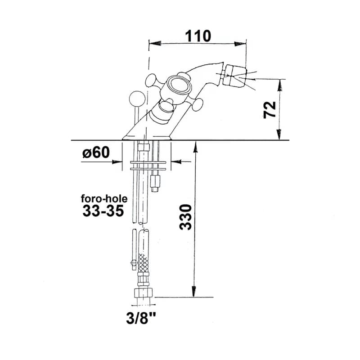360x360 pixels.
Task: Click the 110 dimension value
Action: pos(198,36)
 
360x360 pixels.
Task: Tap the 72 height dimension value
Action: pos(270,110)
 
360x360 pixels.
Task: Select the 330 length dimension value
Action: pos(185,217)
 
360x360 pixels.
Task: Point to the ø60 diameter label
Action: pos(96,152)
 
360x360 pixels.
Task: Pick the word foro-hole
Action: pos(104,198)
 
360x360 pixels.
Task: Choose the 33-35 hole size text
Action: pos(103,211)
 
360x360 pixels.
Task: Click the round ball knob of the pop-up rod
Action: pos(137,99)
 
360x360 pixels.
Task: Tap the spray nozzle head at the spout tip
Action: pos(235,76)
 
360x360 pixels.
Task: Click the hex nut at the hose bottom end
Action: pos(144,293)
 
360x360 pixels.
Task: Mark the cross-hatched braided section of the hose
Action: pos(143,263)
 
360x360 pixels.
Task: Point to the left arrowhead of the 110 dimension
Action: pos(155,43)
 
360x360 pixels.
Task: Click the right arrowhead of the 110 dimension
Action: pos(240,44)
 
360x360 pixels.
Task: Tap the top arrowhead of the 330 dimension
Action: pos(195,147)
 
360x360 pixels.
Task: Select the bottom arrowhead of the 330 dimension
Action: pos(194,291)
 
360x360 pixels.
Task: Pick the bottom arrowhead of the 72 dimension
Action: pos(279,134)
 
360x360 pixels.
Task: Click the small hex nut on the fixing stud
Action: pos(155,181)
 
